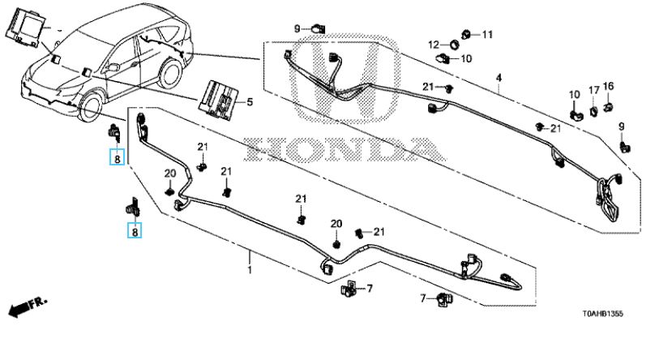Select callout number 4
[x=499, y=78]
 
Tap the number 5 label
[x=250, y=102]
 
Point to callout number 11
[x=487, y=34]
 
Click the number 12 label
[x=434, y=44]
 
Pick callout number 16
[x=608, y=86]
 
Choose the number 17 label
[x=593, y=89]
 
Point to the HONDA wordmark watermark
[x=345, y=149]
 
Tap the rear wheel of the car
[x=169, y=75]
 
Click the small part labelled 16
[x=610, y=103]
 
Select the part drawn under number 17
[x=593, y=105]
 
